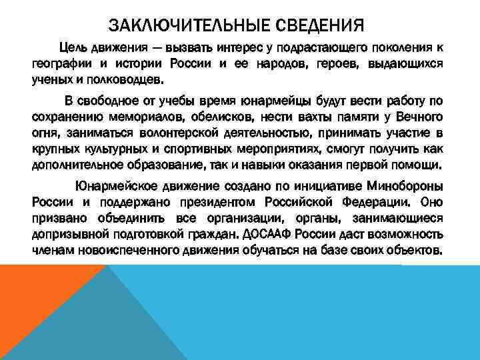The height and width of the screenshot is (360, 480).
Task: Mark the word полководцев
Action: pos(127,79)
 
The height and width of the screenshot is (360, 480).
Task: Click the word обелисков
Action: pos(207,117)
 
